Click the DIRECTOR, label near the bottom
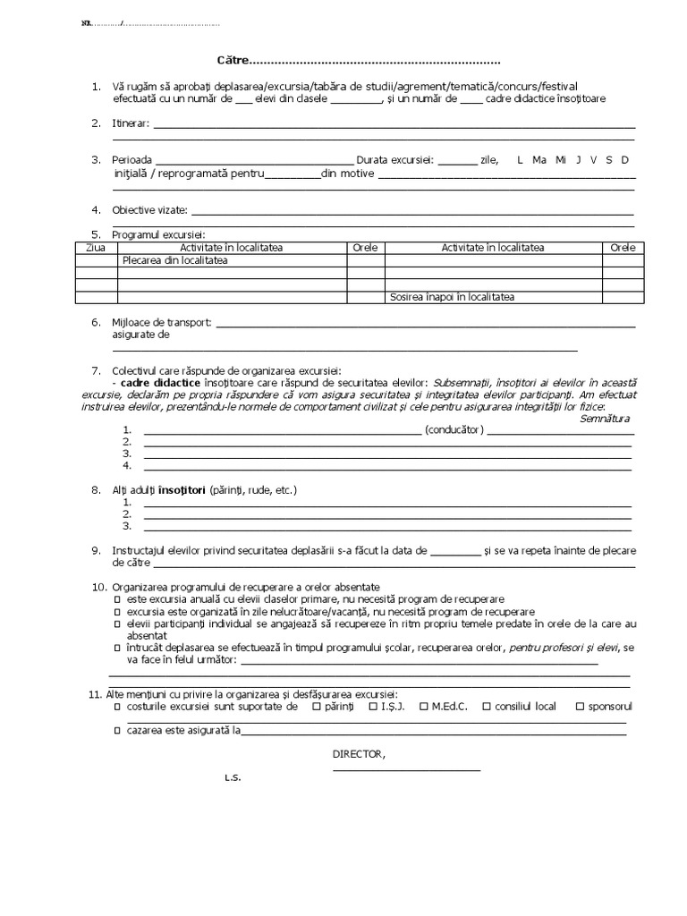tap(359, 754)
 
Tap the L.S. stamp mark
tap(233, 777)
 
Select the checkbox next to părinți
tap(316, 707)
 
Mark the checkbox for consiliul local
tap(486, 707)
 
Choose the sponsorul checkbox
tap(580, 707)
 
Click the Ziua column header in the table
tap(95, 248)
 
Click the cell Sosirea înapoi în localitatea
tap(452, 297)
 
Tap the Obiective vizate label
tap(149, 210)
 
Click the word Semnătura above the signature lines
tap(605, 418)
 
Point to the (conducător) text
tap(454, 429)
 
